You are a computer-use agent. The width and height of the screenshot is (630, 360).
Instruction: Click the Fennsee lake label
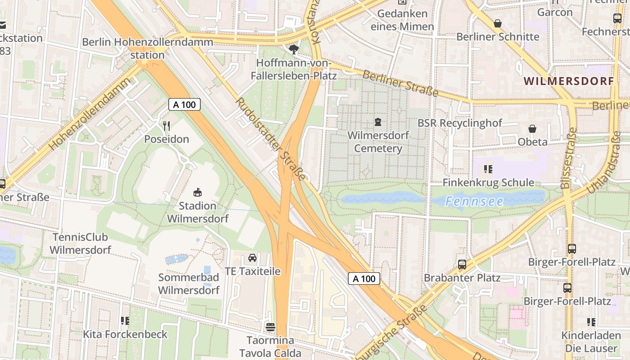click(x=474, y=201)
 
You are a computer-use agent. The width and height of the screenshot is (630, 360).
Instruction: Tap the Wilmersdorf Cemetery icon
click(x=378, y=122)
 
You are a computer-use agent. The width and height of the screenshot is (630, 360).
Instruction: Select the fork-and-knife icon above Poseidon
click(x=167, y=126)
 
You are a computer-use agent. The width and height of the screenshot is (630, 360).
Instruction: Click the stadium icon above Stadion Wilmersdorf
click(x=197, y=193)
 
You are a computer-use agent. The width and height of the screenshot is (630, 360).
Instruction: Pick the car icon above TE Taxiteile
click(x=252, y=258)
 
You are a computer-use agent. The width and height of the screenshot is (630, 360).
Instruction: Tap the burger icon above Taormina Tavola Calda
click(x=270, y=327)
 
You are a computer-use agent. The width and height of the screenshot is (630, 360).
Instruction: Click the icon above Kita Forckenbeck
click(x=125, y=321)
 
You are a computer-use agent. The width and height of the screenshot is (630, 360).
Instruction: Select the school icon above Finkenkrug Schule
click(x=488, y=169)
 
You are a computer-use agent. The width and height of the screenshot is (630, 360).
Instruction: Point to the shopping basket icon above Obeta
click(x=532, y=129)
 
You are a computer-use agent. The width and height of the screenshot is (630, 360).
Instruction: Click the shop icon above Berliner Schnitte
click(x=498, y=23)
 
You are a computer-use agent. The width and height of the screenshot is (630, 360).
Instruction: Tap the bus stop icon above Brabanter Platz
click(x=462, y=264)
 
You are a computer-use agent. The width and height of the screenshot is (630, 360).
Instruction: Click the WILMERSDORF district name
click(x=569, y=81)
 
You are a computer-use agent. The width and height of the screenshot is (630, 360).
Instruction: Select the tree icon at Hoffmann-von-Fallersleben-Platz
click(x=294, y=49)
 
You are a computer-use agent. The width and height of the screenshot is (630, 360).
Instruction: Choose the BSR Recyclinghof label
click(x=460, y=123)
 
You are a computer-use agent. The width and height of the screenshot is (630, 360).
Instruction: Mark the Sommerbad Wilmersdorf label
click(x=189, y=283)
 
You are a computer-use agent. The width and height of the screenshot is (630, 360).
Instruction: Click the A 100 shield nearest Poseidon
click(x=184, y=104)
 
